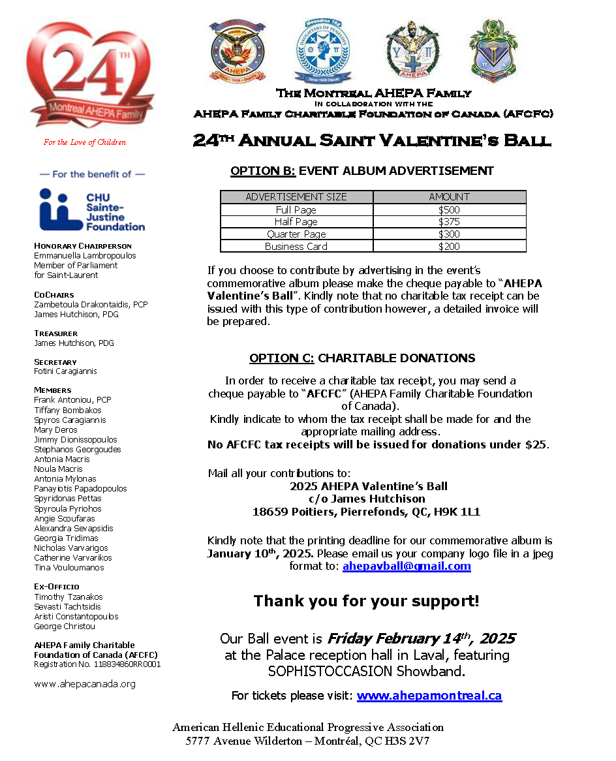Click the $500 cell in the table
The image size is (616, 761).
(x=449, y=210)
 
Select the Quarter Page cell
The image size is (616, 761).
(x=296, y=234)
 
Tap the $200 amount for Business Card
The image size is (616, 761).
(x=449, y=247)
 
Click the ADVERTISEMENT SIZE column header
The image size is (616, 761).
(x=296, y=197)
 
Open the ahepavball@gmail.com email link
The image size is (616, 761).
(x=407, y=567)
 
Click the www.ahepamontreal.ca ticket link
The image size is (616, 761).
(x=429, y=696)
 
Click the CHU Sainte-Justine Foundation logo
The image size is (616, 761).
(x=91, y=210)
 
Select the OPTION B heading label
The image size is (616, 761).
(x=263, y=171)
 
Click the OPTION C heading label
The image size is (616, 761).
(x=282, y=358)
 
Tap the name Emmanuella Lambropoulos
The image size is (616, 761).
(x=85, y=256)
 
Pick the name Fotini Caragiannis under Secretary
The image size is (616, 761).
(x=65, y=371)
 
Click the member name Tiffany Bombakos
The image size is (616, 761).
(x=68, y=411)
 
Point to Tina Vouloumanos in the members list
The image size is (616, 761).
(x=69, y=568)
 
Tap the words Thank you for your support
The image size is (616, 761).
(x=366, y=601)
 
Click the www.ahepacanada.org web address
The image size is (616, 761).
(x=85, y=684)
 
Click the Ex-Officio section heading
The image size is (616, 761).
(x=57, y=587)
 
